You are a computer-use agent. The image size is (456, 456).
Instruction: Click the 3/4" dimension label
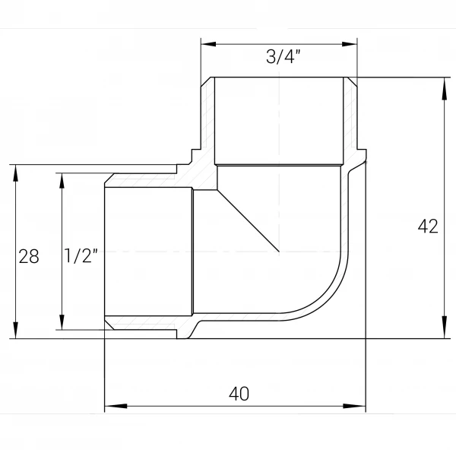click(x=283, y=56)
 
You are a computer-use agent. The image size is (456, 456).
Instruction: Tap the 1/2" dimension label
click(x=81, y=255)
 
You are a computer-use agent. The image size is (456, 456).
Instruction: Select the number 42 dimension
click(x=428, y=226)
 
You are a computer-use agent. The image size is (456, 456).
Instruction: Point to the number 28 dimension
click(x=29, y=257)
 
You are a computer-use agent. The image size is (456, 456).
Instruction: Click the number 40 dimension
click(x=239, y=394)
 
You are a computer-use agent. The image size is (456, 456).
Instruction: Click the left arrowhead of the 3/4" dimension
click(x=208, y=44)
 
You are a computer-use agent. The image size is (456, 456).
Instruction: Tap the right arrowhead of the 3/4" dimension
click(x=350, y=44)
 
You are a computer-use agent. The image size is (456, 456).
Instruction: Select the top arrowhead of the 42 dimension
click(x=445, y=89)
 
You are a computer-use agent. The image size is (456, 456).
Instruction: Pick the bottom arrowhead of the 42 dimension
click(x=445, y=328)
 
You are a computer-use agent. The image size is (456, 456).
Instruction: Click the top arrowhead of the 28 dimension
click(x=15, y=176)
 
